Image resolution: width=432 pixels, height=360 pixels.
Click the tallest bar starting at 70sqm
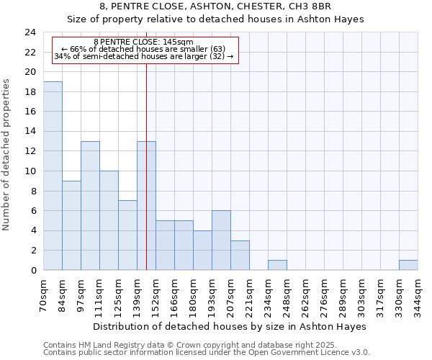click(x=53, y=176)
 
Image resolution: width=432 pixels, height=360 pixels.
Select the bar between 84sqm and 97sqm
click(x=71, y=225)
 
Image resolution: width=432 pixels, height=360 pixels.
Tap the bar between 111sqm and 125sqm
click(x=109, y=220)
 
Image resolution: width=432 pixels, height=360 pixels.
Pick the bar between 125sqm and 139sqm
click(x=127, y=235)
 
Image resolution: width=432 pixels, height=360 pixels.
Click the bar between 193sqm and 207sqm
click(x=221, y=240)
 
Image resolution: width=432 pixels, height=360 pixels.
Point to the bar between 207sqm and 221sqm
click(x=240, y=256)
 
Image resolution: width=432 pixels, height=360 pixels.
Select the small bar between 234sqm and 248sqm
click(x=277, y=265)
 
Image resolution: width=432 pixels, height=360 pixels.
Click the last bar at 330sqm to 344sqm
click(x=408, y=265)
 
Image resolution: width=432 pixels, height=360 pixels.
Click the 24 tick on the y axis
click(x=30, y=32)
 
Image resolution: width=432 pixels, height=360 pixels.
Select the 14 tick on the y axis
click(x=30, y=132)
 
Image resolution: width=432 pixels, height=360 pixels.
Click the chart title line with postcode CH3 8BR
click(x=216, y=6)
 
